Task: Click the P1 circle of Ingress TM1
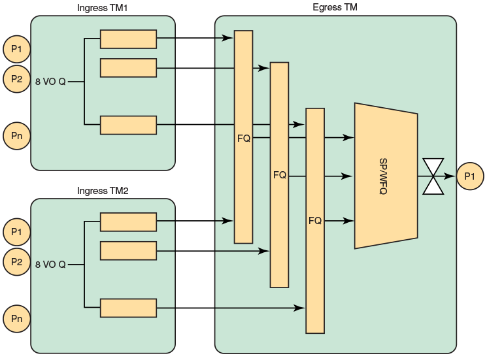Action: (x=16, y=48)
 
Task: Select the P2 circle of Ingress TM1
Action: (x=16, y=79)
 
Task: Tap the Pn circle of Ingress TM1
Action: (x=16, y=136)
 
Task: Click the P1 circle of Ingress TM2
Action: (x=16, y=231)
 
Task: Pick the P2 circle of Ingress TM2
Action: (x=16, y=262)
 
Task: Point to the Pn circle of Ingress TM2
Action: (x=16, y=319)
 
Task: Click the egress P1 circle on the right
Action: (x=469, y=176)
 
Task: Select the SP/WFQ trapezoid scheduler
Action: (x=386, y=176)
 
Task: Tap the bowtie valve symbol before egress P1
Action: (x=433, y=176)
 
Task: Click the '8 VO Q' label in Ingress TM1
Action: (x=50, y=82)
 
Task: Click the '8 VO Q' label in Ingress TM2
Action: (x=50, y=265)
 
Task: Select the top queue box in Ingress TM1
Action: (x=128, y=39)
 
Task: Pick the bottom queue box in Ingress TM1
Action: (x=128, y=125)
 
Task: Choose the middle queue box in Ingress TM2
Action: (x=128, y=251)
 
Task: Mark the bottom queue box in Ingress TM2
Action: (x=128, y=308)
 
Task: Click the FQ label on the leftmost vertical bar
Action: (x=243, y=138)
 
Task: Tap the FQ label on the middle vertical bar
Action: (x=279, y=175)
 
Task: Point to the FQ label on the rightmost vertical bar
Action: (x=314, y=221)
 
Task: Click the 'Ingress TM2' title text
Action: (x=103, y=191)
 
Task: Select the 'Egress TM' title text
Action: (x=335, y=8)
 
